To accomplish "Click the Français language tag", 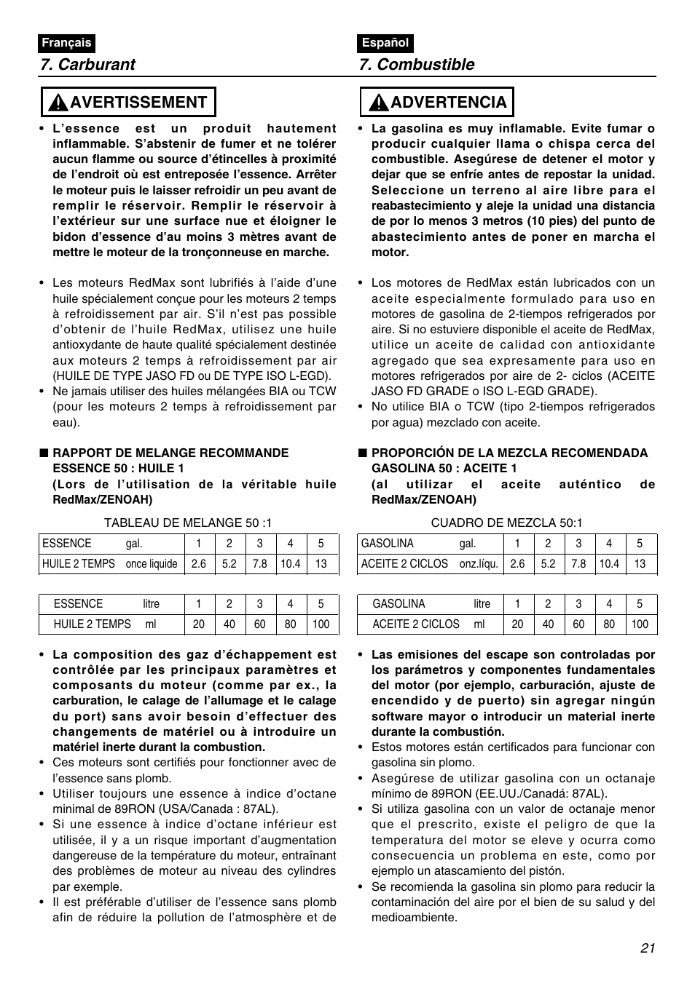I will pos(66,43).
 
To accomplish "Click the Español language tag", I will pos(385,43).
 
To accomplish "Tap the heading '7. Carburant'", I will pos(88,64).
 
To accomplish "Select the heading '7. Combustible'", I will pos(416,64).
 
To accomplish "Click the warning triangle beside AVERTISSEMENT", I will pos(57,103).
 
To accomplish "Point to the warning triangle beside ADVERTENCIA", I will pos(377,103).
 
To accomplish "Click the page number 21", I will pos(648,948).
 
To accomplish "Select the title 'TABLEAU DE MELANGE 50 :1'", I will pos(188,523).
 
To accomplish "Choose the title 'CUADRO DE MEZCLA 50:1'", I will pos(506,523).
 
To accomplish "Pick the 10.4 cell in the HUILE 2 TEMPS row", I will pos(290,564).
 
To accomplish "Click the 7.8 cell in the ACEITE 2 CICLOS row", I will pos(578,564).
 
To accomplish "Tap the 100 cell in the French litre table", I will pos(321,624).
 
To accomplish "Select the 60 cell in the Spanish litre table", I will pos(578,624).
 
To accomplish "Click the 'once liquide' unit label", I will pos(152,564).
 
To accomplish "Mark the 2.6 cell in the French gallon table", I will pos(199,564).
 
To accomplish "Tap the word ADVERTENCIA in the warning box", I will pos(449,102).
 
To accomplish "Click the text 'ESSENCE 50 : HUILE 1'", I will pos(118,468).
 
